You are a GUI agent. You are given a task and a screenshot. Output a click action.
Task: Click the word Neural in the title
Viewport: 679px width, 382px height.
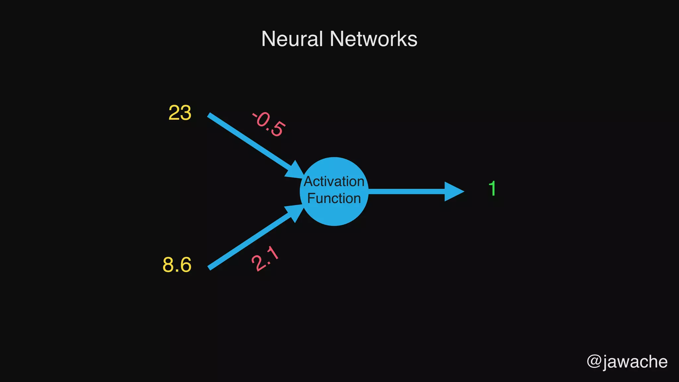[292, 39]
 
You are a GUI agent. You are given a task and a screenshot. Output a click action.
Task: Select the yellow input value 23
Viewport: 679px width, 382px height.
[180, 113]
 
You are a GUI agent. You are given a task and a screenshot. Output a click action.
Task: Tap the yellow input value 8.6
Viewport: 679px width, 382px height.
[177, 265]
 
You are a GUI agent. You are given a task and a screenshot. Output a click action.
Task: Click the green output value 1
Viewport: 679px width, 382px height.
[492, 189]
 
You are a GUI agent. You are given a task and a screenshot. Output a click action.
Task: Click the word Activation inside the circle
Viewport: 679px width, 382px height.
[334, 181]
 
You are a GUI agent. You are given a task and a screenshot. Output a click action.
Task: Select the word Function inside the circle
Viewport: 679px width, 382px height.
[334, 198]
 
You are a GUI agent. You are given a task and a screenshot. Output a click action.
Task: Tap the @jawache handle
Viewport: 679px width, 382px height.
[627, 361]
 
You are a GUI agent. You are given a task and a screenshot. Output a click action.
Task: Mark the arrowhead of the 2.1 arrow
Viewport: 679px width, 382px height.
[294, 212]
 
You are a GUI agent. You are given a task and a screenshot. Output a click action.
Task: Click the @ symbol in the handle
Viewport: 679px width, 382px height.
[594, 361]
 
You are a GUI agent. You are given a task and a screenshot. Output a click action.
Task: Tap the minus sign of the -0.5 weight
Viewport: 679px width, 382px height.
[255, 115]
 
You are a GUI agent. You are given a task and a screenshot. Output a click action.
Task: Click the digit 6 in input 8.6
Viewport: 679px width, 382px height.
[185, 265]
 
